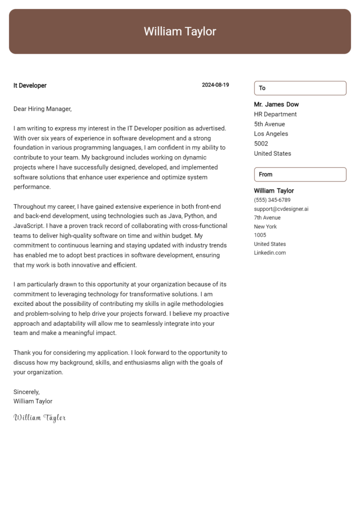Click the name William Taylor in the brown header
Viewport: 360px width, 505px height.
click(x=180, y=32)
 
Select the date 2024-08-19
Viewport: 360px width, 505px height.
click(x=215, y=85)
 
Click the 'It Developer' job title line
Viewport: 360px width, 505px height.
click(x=30, y=86)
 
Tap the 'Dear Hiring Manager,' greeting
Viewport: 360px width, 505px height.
click(x=42, y=109)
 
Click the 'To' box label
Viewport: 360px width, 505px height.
click(x=262, y=88)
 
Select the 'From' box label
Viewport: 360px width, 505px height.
click(x=265, y=175)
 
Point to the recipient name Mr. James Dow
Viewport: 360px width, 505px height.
click(x=276, y=105)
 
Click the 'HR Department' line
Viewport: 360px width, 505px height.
click(x=275, y=114)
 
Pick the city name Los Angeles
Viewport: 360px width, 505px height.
click(x=271, y=134)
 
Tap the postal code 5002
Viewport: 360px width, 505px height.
click(x=261, y=144)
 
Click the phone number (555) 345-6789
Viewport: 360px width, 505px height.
click(x=272, y=200)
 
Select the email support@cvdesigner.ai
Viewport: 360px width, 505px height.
click(x=281, y=209)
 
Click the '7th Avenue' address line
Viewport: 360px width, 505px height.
click(x=267, y=218)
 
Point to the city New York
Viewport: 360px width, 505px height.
click(x=265, y=227)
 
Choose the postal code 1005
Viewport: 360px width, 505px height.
click(x=260, y=235)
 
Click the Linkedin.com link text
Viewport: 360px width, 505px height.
click(x=270, y=253)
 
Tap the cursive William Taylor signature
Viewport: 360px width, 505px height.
click(x=39, y=418)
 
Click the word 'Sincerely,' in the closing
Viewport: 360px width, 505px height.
click(x=27, y=392)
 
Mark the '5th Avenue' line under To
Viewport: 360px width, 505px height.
click(x=269, y=124)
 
